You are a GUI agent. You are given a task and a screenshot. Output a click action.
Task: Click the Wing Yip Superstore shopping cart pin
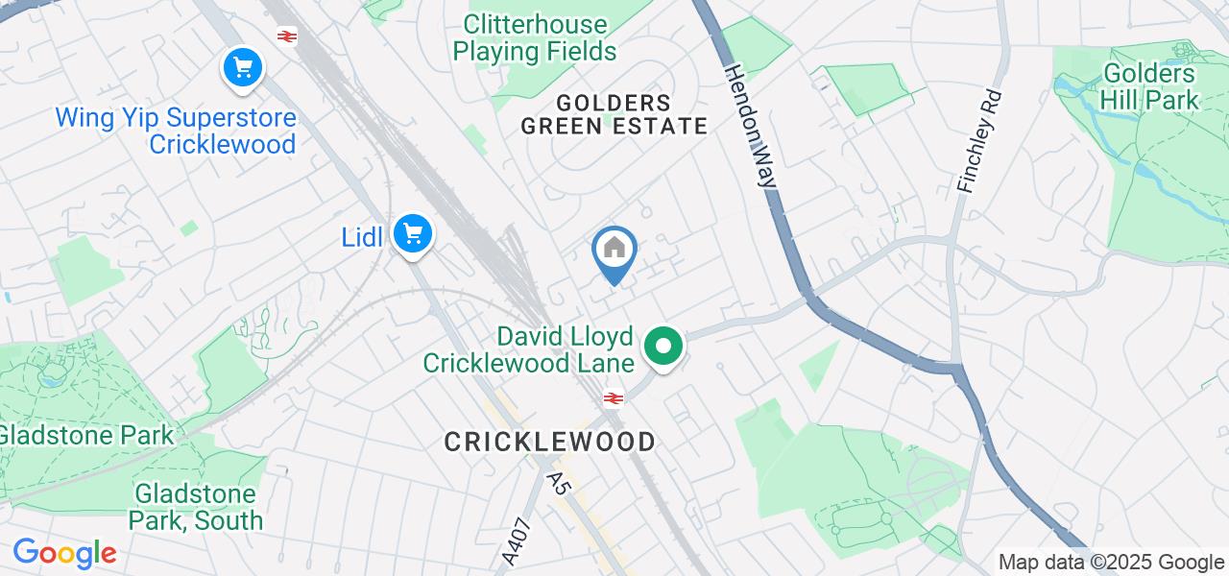(x=243, y=68)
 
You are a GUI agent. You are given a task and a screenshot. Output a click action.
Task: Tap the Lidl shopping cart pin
(x=413, y=233)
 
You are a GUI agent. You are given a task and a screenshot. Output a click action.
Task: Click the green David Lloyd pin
(x=663, y=346)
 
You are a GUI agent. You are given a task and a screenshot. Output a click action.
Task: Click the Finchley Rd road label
(x=979, y=141)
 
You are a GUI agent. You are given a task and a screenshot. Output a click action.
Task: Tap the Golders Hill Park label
(x=1150, y=86)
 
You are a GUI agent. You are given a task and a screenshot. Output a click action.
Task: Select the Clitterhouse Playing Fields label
(x=535, y=37)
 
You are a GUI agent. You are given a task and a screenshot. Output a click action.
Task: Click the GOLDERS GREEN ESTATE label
(x=614, y=114)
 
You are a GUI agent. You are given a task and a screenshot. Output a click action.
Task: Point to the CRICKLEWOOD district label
(x=550, y=442)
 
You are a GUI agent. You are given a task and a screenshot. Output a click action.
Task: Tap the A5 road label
(x=560, y=483)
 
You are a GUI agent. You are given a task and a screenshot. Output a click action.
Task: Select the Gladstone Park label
(x=85, y=435)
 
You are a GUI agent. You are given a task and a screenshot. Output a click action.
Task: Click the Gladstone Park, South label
(x=197, y=508)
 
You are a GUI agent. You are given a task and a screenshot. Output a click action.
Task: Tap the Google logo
(x=64, y=553)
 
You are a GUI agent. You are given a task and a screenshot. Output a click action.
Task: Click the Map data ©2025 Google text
(x=1111, y=563)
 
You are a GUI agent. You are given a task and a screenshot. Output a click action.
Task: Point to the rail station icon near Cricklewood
(x=613, y=398)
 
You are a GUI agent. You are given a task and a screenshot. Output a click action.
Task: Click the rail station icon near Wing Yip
(x=285, y=36)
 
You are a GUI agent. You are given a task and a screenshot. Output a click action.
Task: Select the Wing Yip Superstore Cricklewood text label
(x=176, y=132)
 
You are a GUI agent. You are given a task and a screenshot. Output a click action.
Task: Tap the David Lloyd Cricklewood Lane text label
(x=529, y=349)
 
